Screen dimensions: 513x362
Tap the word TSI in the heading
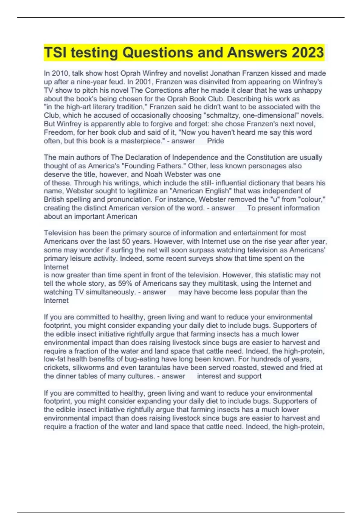pos(56,53)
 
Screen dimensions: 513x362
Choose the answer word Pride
pos(215,141)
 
